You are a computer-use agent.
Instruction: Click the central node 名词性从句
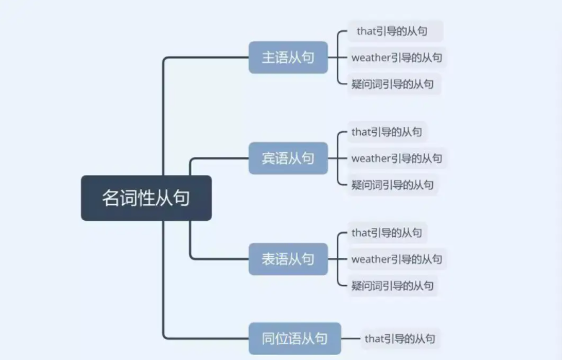click(146, 198)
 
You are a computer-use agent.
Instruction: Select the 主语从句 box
click(288, 58)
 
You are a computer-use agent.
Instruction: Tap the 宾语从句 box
click(288, 158)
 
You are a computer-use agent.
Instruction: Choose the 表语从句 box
click(288, 259)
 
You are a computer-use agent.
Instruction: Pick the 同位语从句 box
click(294, 338)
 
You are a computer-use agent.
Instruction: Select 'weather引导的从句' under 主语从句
click(397, 58)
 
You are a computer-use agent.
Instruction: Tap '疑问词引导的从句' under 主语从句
click(393, 84)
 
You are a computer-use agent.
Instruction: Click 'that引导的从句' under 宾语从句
click(387, 132)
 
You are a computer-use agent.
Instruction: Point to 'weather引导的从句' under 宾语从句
click(397, 158)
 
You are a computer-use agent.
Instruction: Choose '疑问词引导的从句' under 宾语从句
click(393, 185)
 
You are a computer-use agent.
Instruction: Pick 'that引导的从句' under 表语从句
click(387, 233)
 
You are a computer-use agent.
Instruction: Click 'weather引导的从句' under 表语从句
click(397, 259)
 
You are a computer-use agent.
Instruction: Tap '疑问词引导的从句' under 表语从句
click(393, 286)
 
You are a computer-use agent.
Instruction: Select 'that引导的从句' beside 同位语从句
click(400, 338)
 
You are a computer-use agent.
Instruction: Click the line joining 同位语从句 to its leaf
click(351, 338)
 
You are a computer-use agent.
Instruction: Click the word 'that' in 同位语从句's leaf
click(374, 338)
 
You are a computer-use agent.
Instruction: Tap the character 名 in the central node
click(111, 198)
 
